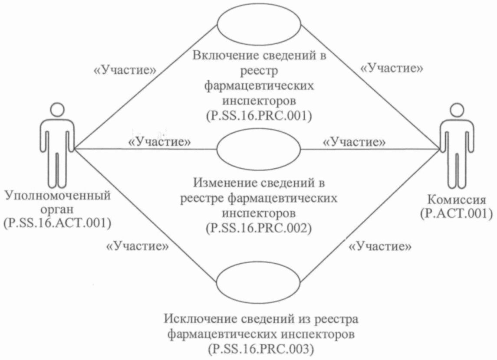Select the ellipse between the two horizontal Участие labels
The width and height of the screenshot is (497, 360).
pos(259,150)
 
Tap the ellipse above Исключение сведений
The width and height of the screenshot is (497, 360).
pos(259,282)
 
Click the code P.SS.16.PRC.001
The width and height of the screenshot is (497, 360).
pos(259,116)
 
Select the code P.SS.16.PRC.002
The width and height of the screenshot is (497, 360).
pos(259,227)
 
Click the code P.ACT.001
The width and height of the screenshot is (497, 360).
pos(456,213)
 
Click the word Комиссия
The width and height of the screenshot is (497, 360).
pos(456,200)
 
